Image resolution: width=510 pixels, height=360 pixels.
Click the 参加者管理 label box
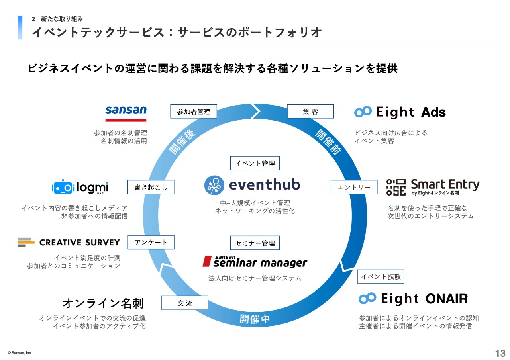coord(194,111)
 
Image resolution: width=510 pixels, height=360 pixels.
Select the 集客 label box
coord(310,111)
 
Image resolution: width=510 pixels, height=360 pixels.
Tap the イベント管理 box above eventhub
coord(255,163)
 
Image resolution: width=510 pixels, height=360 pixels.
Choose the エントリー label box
coord(354,187)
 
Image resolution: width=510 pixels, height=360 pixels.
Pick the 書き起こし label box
coord(151,187)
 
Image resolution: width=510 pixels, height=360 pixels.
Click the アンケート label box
coord(151,242)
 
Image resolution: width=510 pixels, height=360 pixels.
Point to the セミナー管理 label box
coord(255,243)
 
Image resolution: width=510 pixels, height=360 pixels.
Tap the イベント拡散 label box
coord(381,276)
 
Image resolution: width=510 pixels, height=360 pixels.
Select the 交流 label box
coord(184,303)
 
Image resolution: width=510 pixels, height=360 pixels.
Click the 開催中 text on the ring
coord(255,319)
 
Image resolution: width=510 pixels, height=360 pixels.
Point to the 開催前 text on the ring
coord(328,142)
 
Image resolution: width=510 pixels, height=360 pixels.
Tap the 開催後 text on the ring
coord(182,142)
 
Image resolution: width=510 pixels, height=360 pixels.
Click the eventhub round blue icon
coord(214,185)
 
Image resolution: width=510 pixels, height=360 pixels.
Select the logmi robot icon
coord(63,187)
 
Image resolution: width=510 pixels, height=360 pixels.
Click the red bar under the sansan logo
coord(126,120)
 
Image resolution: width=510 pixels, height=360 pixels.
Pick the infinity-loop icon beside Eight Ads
coord(363,112)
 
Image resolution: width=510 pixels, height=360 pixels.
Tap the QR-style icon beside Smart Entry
coord(396,187)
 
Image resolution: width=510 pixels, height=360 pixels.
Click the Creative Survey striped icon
coord(26,242)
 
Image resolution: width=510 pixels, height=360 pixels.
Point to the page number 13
coord(500,353)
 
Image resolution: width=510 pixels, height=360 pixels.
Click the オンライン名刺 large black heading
coord(103,303)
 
